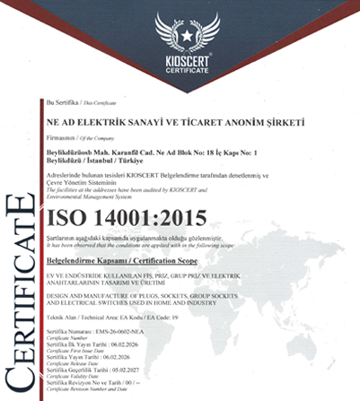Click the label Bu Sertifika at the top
click(61, 105)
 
